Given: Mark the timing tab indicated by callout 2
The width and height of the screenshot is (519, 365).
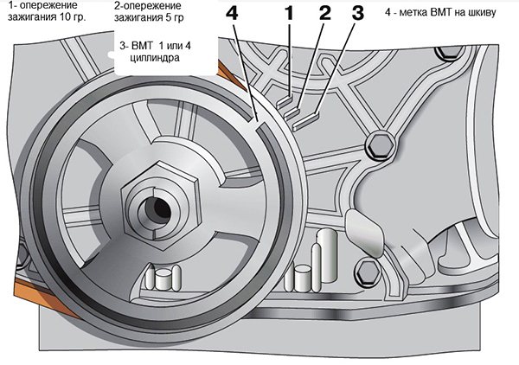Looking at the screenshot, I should click(x=300, y=111).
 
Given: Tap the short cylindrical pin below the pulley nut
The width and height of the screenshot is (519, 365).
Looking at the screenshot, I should click(x=163, y=279).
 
